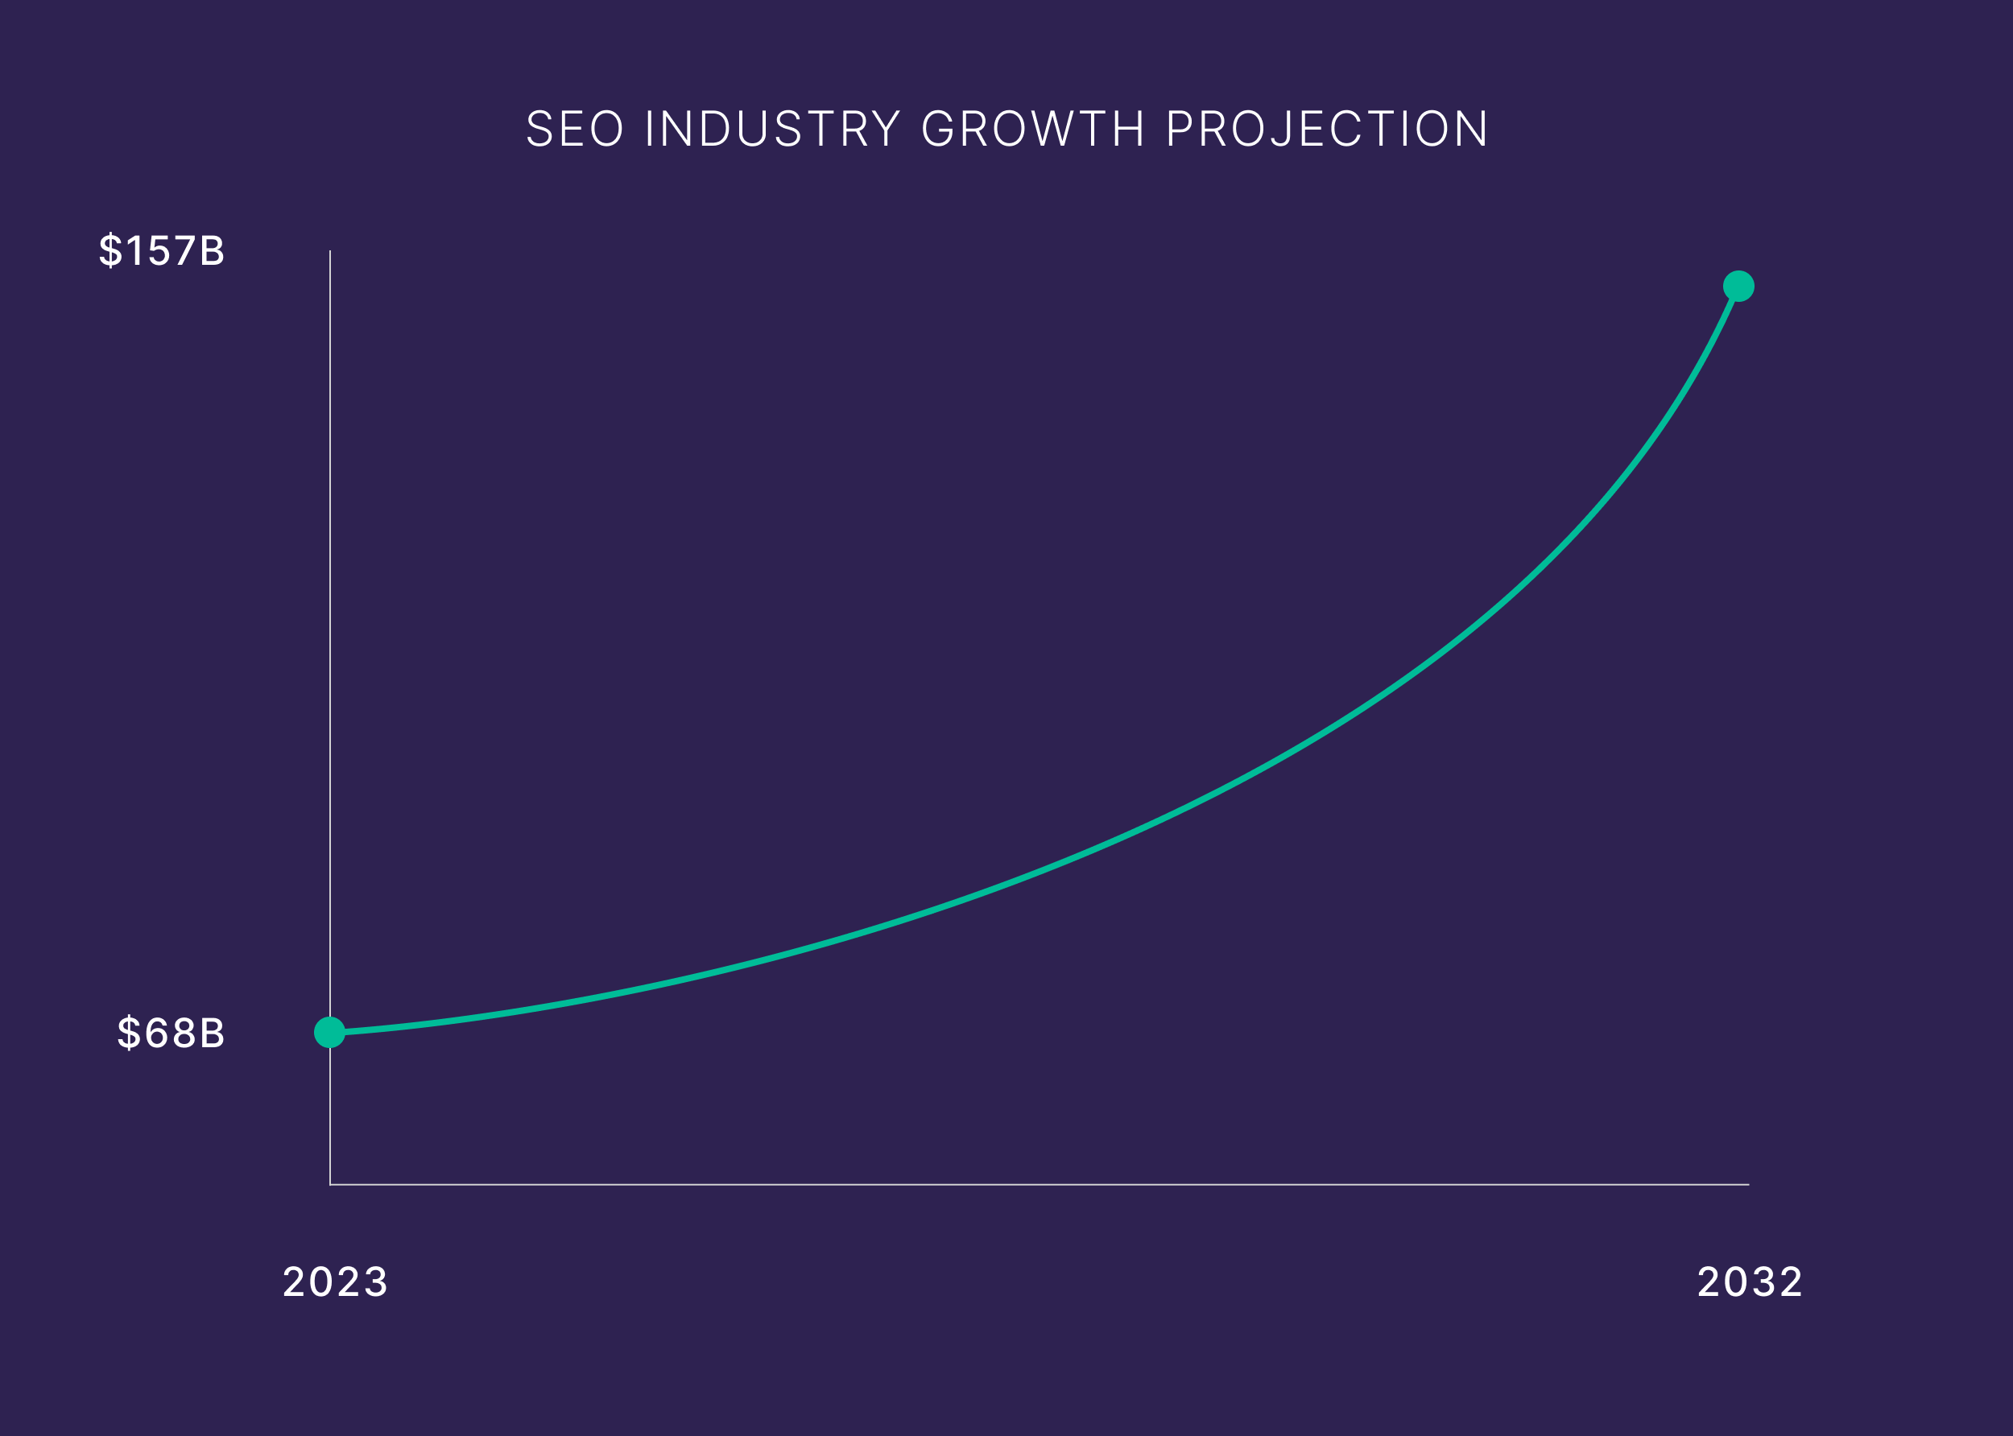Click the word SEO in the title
575,128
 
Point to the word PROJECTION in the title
1327,128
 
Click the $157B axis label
162,250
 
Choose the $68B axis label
172,1032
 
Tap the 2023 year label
335,1282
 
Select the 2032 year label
1750,1282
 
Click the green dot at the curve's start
330,1032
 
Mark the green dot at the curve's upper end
1738,286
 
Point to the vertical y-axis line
330,619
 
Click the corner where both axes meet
330,1184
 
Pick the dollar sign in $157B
110,250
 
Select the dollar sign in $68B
129,1032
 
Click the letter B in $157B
213,250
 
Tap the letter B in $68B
213,1032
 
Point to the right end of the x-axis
1747,1184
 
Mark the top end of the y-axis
330,252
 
